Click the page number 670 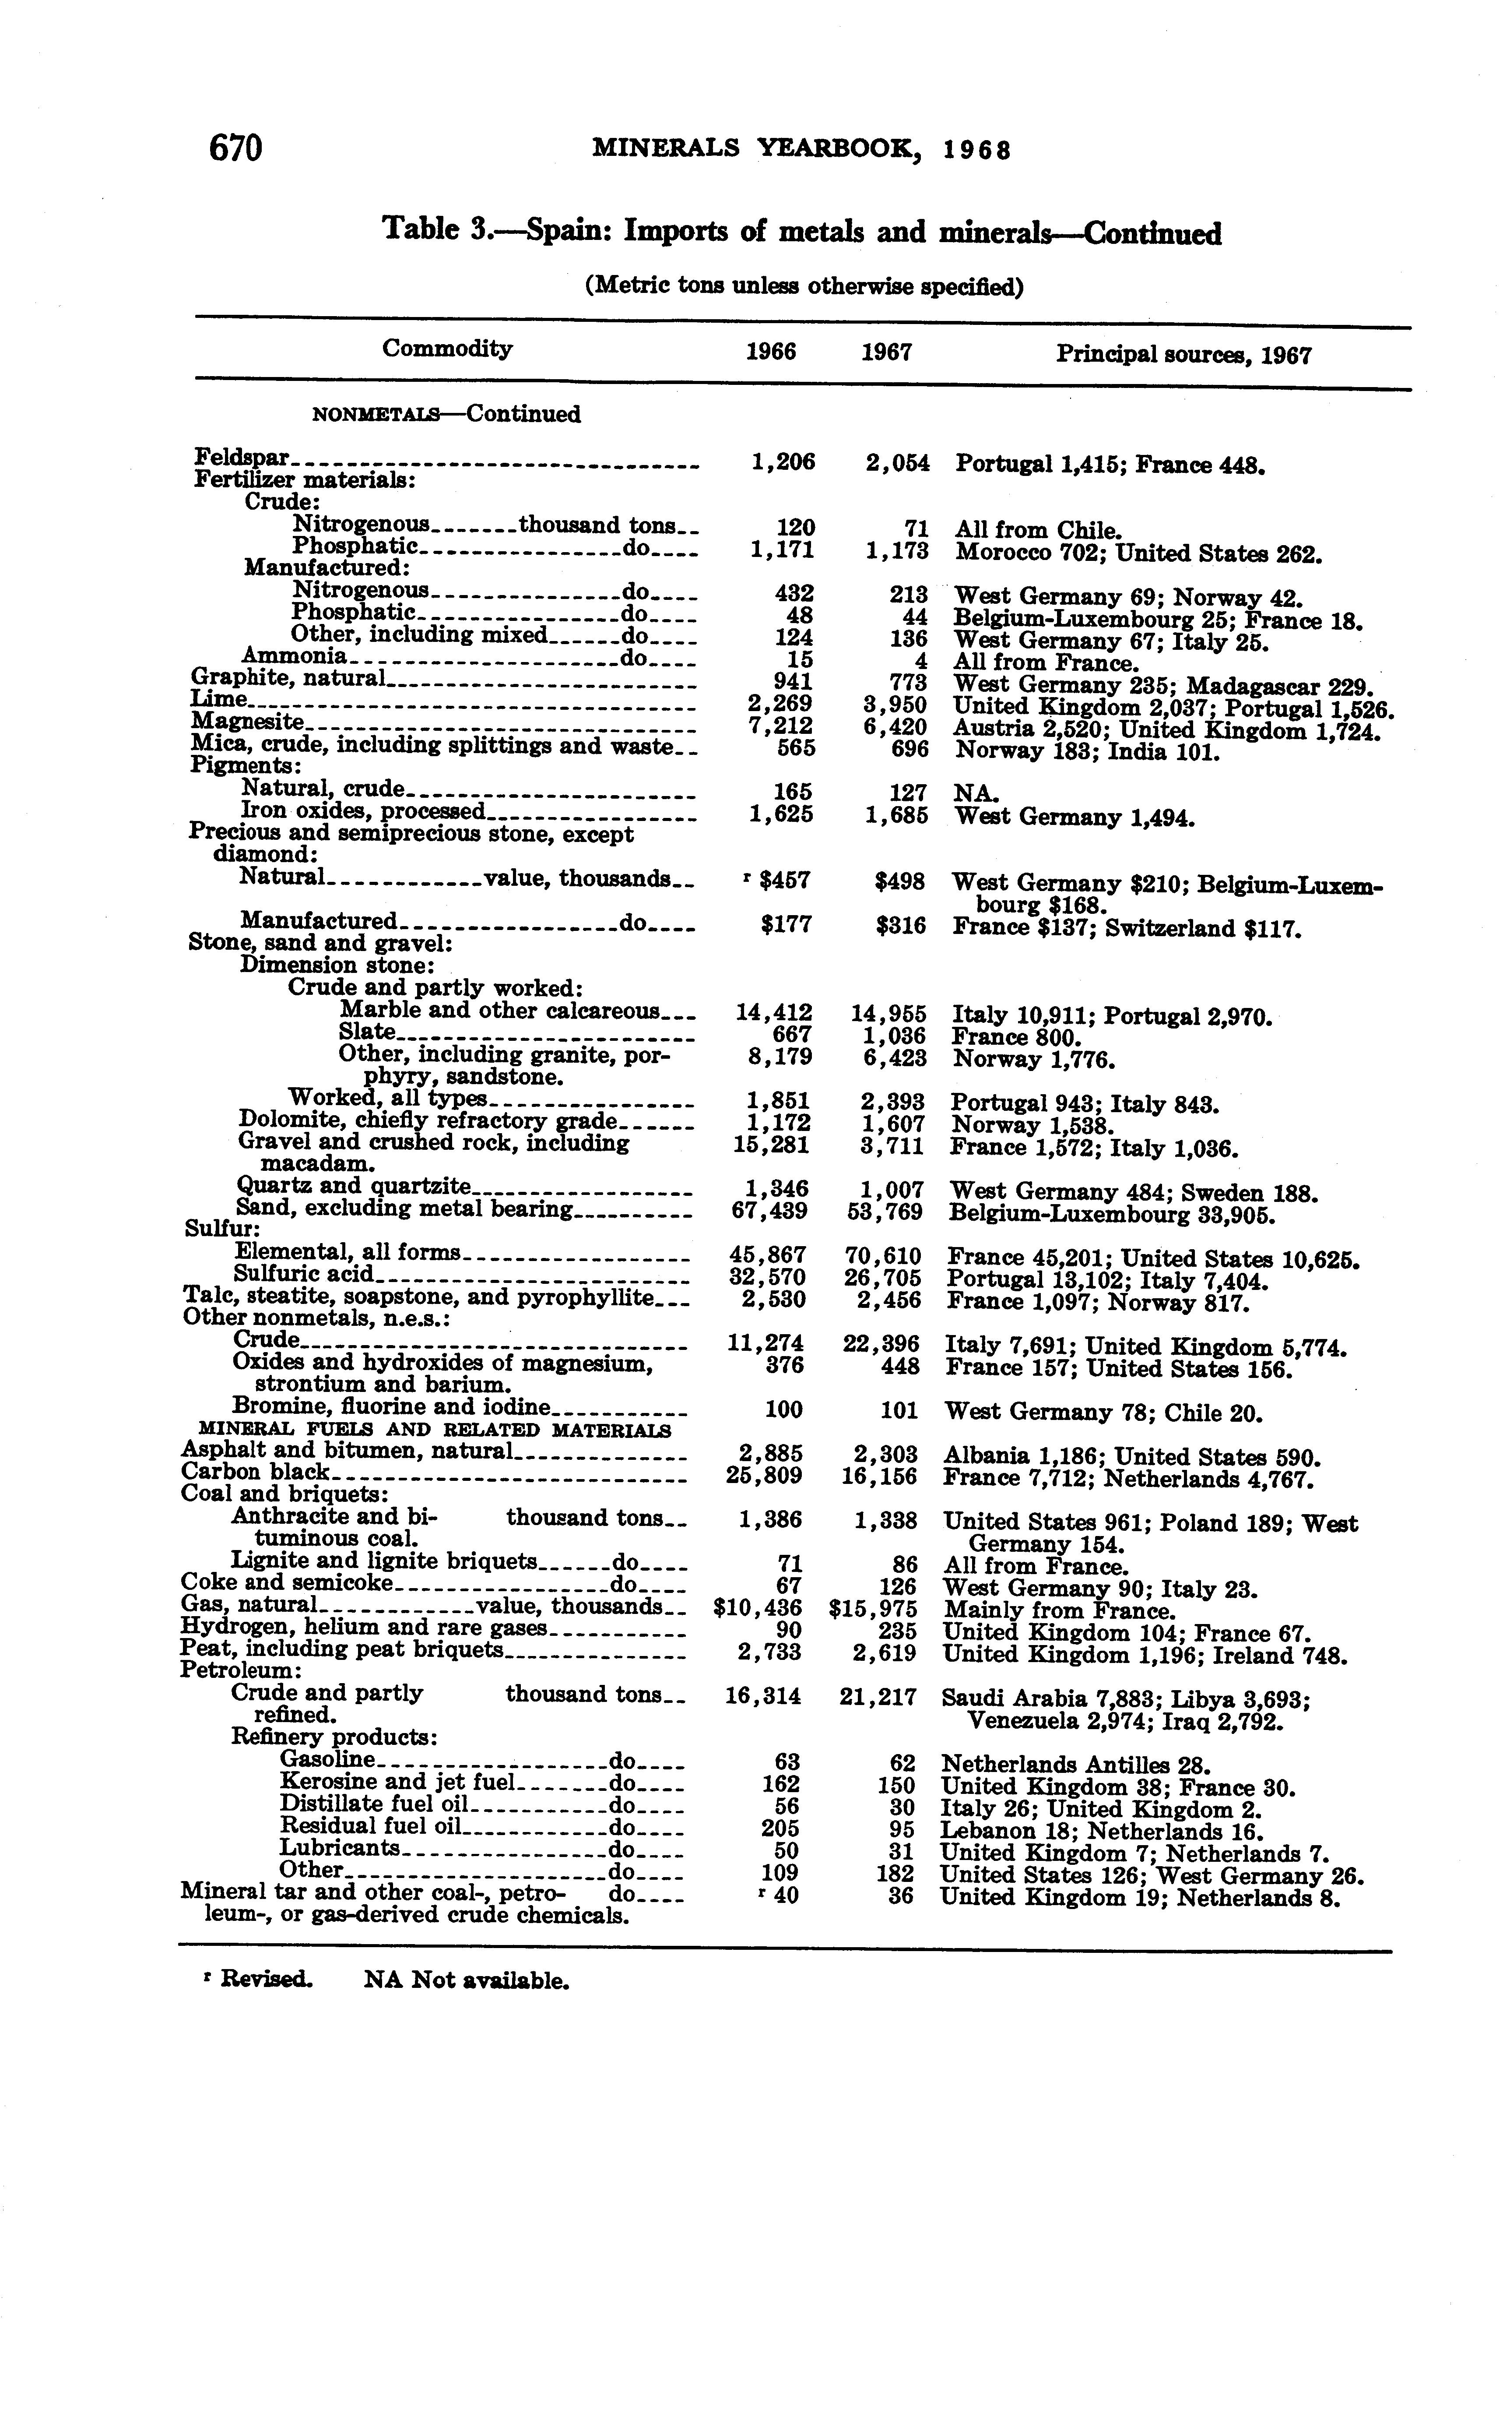pyautogui.click(x=235, y=148)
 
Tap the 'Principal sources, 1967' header pyautogui.click(x=1183, y=355)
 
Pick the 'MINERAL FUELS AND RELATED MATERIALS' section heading pyautogui.click(x=434, y=1430)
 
